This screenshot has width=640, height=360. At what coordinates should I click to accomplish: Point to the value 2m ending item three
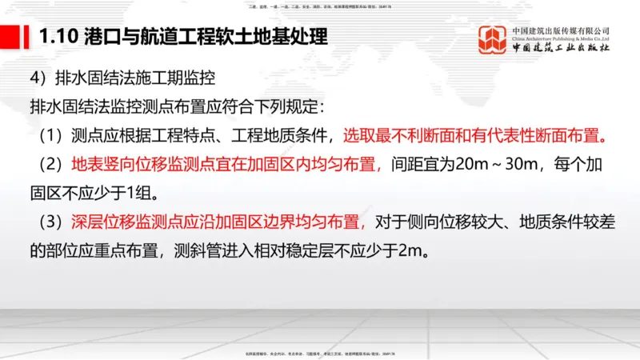pyautogui.click(x=409, y=251)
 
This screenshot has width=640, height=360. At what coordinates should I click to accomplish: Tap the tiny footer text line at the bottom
pyautogui.click(x=320, y=353)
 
